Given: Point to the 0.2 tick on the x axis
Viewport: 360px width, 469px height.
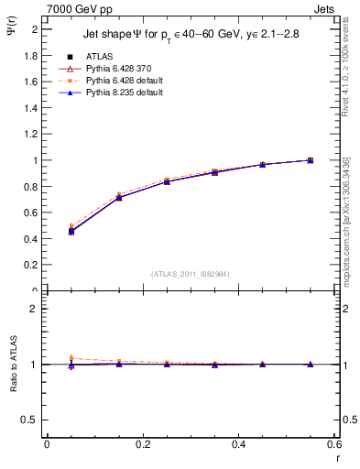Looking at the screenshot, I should [142, 444].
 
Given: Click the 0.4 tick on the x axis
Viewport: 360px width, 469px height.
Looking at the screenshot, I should [238, 444].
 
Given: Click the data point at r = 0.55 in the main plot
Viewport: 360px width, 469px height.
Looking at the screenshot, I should [311, 160].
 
